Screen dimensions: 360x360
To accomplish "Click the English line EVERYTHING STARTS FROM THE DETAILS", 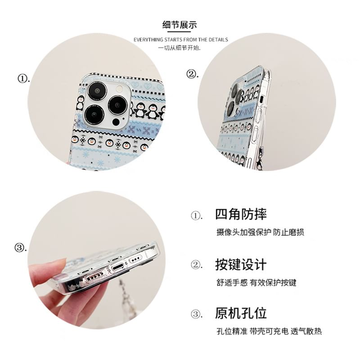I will pos(180,40).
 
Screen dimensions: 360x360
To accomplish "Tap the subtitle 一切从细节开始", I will pos(180,47).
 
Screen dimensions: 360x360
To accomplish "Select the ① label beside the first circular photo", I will pos(23,78).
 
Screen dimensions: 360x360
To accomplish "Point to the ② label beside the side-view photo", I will pos(193,74).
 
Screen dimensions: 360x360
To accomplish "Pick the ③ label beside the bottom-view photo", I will pos(21,247).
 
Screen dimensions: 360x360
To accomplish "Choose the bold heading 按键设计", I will pos(241,264).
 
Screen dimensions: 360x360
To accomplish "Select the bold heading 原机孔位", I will pos(241,313).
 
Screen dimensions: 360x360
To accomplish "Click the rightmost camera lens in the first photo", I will pos(117,104).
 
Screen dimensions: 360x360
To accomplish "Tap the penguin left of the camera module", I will pos(80,103).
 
